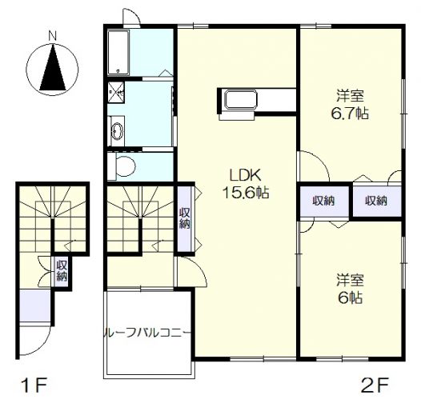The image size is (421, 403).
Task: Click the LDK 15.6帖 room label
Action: (x=246, y=184)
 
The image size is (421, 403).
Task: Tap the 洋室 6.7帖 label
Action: (x=350, y=105)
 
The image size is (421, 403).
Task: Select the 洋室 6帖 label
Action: (x=350, y=289)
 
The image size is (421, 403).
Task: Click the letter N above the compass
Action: (x=52, y=36)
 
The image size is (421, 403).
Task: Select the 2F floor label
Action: (x=375, y=385)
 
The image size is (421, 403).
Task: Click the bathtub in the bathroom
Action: (x=118, y=52)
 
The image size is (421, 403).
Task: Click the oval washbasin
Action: (x=117, y=131)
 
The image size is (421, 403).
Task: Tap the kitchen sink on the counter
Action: (x=241, y=100)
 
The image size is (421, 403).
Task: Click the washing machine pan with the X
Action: (x=116, y=92)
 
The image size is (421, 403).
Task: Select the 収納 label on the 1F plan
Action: (x=62, y=271)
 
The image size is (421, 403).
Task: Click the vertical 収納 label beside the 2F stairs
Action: (x=185, y=217)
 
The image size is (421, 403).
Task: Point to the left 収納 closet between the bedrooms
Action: (x=324, y=201)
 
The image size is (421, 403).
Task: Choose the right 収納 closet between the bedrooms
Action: (x=377, y=201)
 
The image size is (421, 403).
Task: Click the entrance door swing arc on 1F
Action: (x=44, y=346)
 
